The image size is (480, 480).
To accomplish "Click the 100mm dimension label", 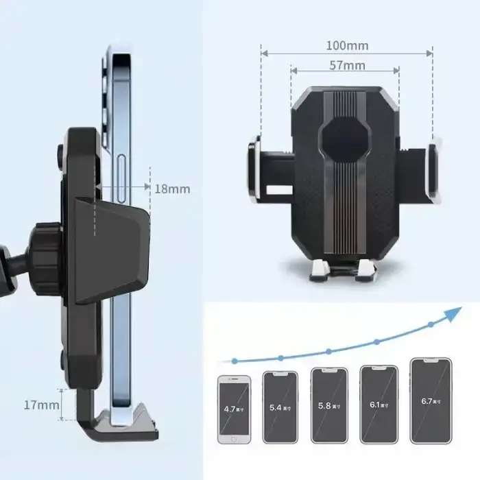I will (x=346, y=46).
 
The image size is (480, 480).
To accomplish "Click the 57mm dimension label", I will (x=346, y=66).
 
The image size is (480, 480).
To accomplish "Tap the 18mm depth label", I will (x=171, y=189).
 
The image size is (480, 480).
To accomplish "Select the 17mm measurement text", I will (x=41, y=405).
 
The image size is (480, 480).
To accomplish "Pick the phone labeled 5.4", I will (x=280, y=407).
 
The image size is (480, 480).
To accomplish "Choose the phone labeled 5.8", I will (x=328, y=406).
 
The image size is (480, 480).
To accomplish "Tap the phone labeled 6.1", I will (x=379, y=404).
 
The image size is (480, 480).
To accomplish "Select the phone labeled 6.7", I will (x=430, y=401).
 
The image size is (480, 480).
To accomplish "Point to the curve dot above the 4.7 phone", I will (x=235, y=360).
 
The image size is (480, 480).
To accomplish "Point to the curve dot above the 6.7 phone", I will (x=430, y=324).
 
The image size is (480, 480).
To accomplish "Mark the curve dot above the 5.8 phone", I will (x=328, y=351).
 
